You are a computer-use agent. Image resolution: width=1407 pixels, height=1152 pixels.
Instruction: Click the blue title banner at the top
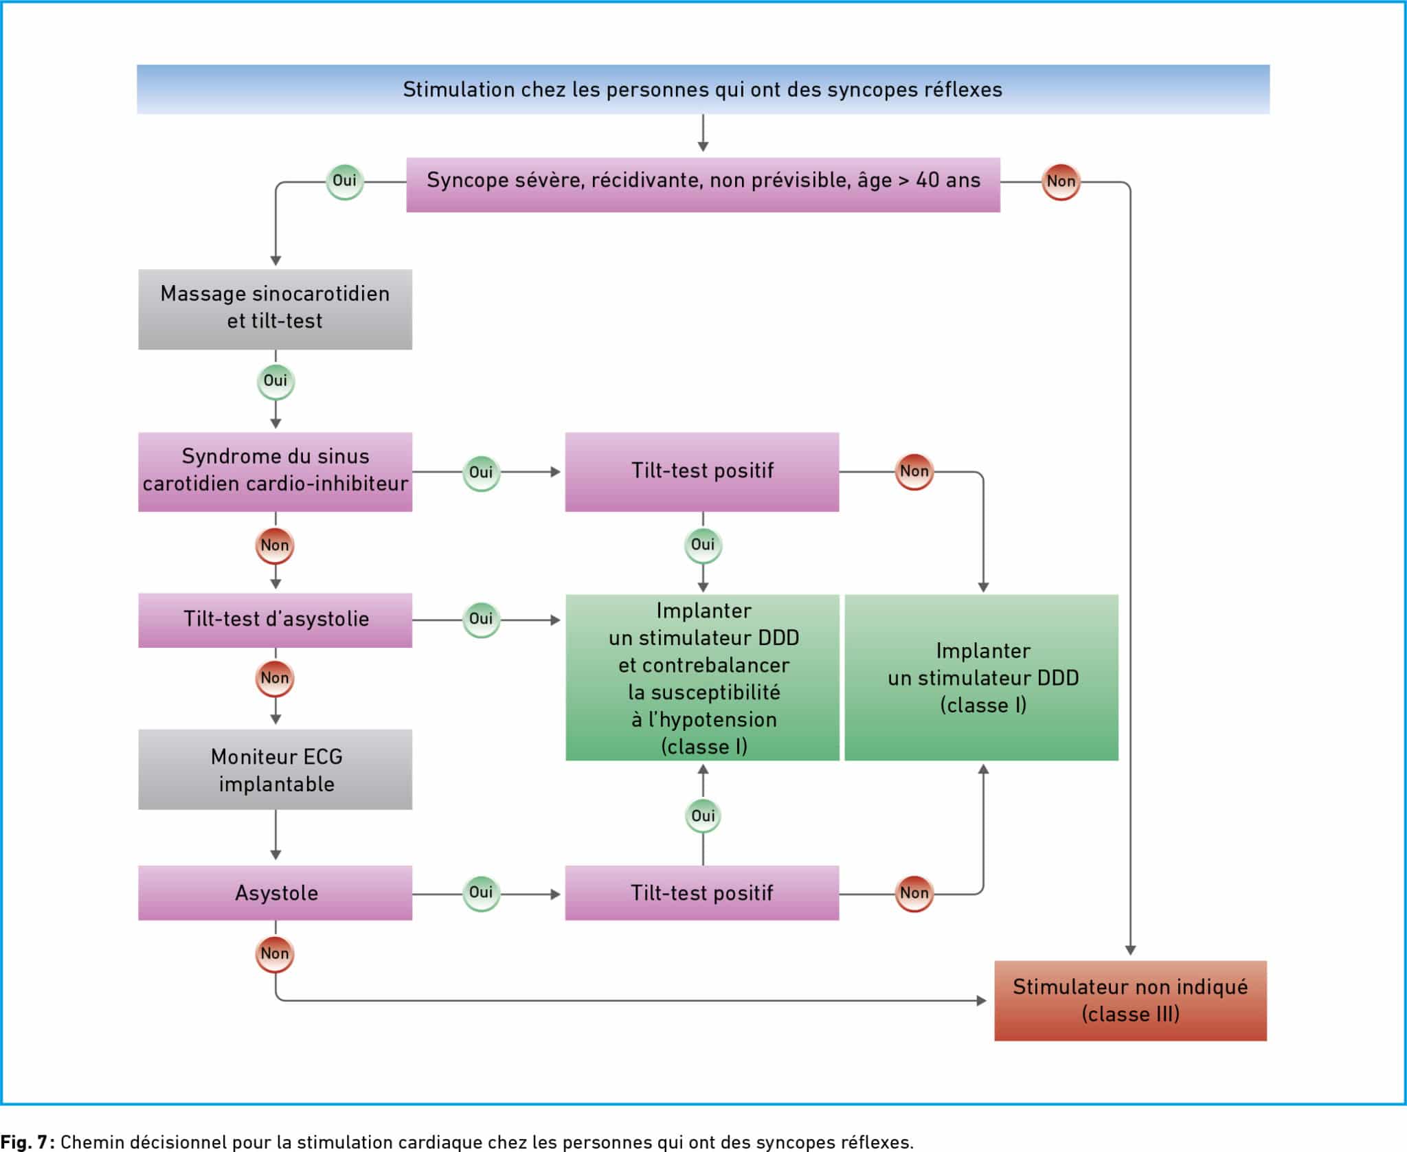(703, 89)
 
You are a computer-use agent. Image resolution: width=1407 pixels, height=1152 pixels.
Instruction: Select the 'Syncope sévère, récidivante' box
(703, 185)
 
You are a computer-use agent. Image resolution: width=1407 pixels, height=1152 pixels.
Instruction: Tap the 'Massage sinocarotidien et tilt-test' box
(275, 309)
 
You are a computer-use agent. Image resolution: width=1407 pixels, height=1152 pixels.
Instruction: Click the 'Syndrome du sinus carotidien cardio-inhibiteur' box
(275, 472)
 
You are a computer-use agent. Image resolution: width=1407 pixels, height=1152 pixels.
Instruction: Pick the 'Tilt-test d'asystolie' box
(275, 620)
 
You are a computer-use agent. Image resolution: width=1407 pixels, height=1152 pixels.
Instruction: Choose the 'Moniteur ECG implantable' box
(275, 769)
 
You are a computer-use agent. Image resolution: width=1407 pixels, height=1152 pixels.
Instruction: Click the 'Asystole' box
(275, 893)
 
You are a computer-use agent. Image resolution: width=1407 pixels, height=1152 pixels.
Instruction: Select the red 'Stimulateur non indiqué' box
(1130, 1001)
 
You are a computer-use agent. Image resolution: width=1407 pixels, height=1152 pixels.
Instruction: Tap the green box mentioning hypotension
(702, 677)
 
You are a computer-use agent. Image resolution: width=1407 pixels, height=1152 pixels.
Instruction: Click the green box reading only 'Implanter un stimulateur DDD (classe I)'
(981, 677)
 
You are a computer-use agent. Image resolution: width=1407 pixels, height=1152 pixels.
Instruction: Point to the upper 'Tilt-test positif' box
(702, 472)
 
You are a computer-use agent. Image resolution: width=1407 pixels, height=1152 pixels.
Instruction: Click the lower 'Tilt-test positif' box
(702, 893)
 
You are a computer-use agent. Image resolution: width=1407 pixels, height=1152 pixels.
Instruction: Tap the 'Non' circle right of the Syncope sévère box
(1061, 182)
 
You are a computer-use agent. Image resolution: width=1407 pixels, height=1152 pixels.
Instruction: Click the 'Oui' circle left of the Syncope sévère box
(344, 181)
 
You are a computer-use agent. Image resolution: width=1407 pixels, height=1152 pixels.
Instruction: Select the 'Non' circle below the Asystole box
(275, 954)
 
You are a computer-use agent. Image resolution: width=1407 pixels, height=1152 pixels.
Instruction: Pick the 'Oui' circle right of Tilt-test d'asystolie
(481, 620)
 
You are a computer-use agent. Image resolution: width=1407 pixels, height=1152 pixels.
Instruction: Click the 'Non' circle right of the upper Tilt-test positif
(914, 472)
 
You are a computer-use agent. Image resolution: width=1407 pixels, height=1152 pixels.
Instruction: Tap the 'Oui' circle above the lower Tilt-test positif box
(703, 816)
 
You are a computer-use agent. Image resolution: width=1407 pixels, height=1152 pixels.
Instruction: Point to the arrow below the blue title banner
(703, 133)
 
